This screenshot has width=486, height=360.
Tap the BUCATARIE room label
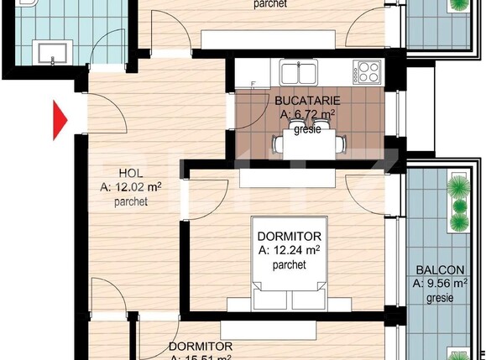(x=307, y=101)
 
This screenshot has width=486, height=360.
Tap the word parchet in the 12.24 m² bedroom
(x=288, y=263)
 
